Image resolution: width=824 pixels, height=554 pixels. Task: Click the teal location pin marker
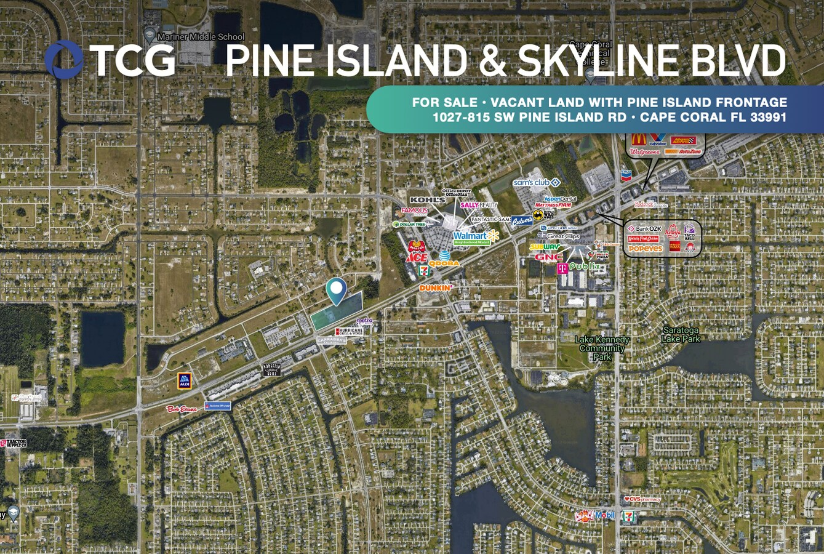(x=336, y=291)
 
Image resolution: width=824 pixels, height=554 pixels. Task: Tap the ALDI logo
(x=184, y=381)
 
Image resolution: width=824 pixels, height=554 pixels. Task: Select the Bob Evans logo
(x=182, y=409)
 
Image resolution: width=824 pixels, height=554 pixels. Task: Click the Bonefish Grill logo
(x=272, y=369)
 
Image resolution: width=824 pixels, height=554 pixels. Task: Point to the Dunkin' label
(x=436, y=287)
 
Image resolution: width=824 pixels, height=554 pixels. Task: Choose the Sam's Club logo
(x=536, y=182)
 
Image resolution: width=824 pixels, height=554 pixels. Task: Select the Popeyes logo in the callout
(x=646, y=249)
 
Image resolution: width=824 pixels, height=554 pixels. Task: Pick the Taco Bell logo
(x=689, y=232)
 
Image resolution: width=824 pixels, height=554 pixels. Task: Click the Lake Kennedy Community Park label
(x=602, y=348)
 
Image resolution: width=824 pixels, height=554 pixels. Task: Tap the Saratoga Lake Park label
(x=681, y=334)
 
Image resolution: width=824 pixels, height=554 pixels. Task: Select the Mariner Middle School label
(x=201, y=37)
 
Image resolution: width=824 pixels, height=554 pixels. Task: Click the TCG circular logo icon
(x=63, y=60)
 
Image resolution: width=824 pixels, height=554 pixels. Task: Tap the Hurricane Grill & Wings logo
(x=349, y=331)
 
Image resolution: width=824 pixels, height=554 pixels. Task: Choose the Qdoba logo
(x=444, y=263)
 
